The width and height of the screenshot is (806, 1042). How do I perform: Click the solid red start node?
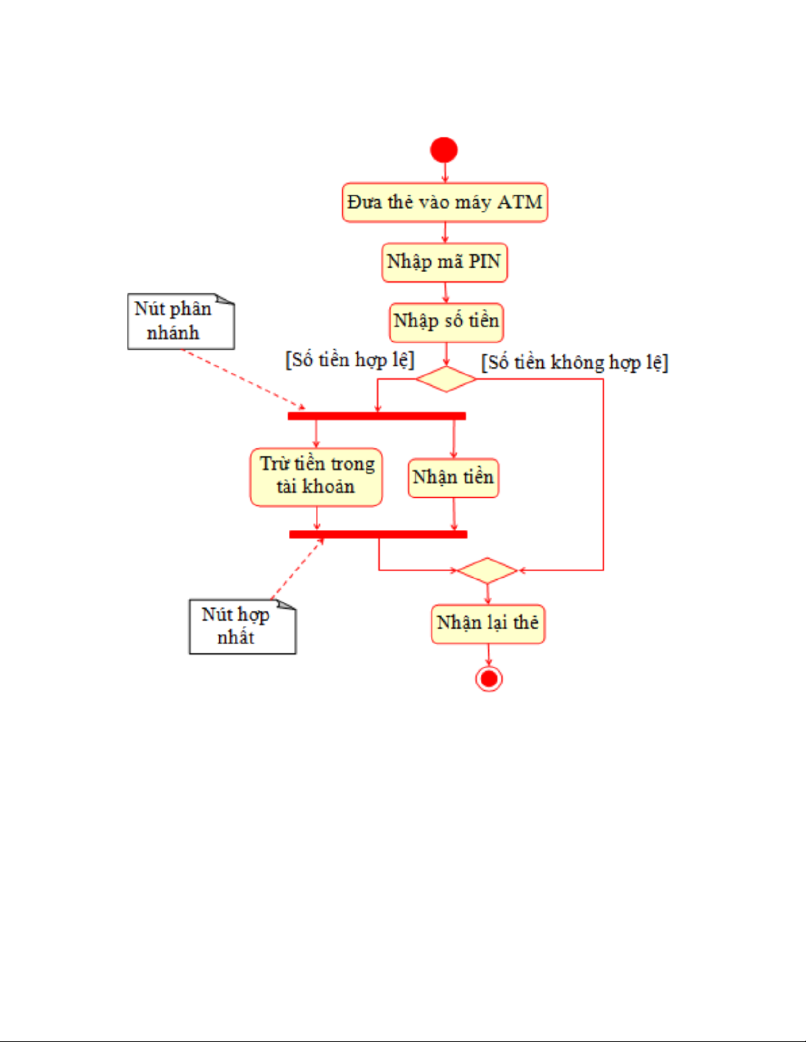[444, 150]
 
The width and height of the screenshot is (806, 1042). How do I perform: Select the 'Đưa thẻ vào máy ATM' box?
[445, 202]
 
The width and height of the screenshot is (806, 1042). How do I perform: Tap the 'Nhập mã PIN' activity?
[445, 262]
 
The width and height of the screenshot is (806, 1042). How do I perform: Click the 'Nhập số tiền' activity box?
[446, 322]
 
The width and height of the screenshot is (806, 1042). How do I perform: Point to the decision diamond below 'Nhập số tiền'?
[445, 379]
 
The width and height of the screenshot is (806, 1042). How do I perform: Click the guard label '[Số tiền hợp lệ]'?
[349, 360]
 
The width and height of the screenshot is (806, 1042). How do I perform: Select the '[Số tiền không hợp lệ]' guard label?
[574, 362]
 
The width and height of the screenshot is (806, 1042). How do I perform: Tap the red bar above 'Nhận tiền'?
[376, 416]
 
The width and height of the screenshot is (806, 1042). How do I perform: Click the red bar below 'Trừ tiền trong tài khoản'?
[378, 534]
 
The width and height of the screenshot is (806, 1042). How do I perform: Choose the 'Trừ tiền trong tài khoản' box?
[316, 477]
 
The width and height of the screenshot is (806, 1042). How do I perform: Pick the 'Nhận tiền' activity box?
[453, 478]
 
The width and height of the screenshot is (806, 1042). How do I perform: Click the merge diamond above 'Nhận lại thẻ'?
[488, 570]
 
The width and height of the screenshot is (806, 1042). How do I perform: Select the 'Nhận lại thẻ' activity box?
[488, 623]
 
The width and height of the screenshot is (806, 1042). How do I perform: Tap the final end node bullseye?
[489, 678]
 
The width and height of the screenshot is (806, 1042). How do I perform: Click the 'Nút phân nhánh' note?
[180, 321]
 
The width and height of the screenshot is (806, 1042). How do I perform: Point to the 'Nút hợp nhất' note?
[242, 627]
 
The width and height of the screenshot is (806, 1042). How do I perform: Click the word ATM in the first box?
[520, 202]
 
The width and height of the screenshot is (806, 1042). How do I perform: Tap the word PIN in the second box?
[484, 262]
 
